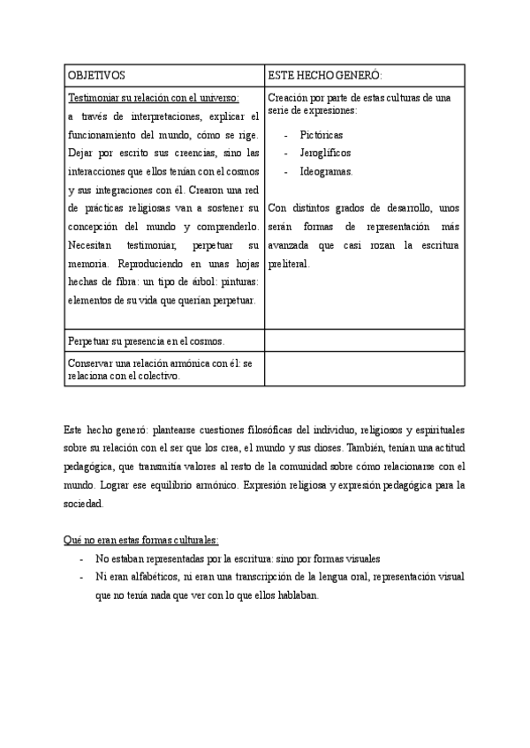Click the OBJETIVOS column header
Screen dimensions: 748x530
coord(96,77)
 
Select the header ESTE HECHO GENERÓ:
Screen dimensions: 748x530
coord(325,77)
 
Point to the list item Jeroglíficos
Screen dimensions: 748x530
coord(326,153)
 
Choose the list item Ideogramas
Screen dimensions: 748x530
coord(326,171)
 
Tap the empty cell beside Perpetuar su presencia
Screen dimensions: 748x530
coord(363,340)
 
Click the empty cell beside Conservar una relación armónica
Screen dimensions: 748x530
coord(363,369)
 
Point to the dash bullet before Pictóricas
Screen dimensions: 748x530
coord(287,134)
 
